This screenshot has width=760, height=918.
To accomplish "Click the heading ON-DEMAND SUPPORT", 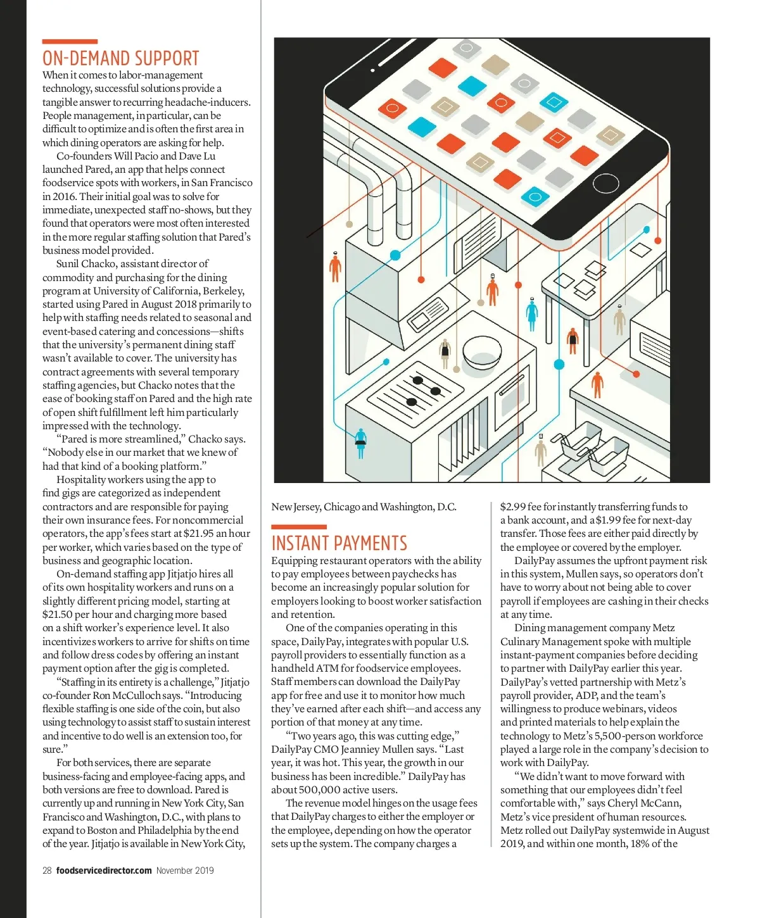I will [120, 58].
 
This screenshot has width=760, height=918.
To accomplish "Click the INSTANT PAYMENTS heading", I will [339, 543].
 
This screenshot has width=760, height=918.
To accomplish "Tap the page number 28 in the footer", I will [47, 871].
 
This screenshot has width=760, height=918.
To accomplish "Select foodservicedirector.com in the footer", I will [104, 871].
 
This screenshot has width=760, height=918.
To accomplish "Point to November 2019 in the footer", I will [185, 871].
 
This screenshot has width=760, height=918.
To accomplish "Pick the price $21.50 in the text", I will [57, 614].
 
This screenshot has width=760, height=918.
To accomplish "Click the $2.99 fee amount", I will [512, 506].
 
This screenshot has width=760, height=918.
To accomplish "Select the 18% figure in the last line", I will [642, 843].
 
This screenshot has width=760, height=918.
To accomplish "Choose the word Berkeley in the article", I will [223, 291].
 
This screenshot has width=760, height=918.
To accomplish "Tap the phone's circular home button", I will [605, 184].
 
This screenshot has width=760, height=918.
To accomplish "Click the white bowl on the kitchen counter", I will [482, 351].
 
